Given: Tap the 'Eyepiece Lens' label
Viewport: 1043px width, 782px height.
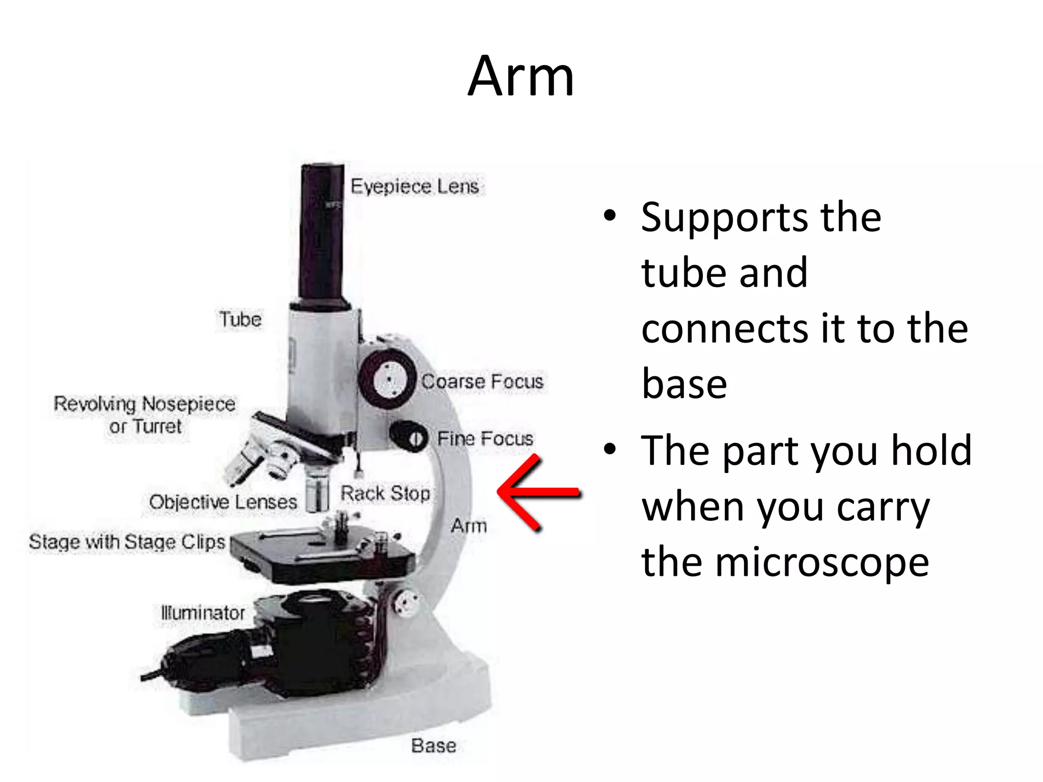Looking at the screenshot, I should [415, 187].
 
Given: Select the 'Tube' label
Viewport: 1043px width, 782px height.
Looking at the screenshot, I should [240, 320].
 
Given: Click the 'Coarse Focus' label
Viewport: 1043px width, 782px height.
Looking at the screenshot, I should [482, 382].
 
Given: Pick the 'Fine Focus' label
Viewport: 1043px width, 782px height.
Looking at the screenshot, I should [485, 439].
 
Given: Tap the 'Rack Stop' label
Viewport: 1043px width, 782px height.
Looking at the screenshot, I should [385, 493].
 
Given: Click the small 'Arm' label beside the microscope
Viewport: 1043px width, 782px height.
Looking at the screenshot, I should [469, 526].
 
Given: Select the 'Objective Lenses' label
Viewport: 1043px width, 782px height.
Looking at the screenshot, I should [223, 502].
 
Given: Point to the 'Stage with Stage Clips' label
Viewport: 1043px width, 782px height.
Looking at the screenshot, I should [127, 542].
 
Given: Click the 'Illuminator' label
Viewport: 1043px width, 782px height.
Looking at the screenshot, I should [203, 612].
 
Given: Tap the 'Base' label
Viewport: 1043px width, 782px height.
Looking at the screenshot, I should [433, 746].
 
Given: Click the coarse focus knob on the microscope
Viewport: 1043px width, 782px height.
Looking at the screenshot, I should [388, 379].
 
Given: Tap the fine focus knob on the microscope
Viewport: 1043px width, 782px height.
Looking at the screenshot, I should [410, 437].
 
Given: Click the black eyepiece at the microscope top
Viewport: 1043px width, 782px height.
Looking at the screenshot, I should [322, 232].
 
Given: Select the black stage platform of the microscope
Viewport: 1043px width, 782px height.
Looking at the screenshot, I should [321, 557].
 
